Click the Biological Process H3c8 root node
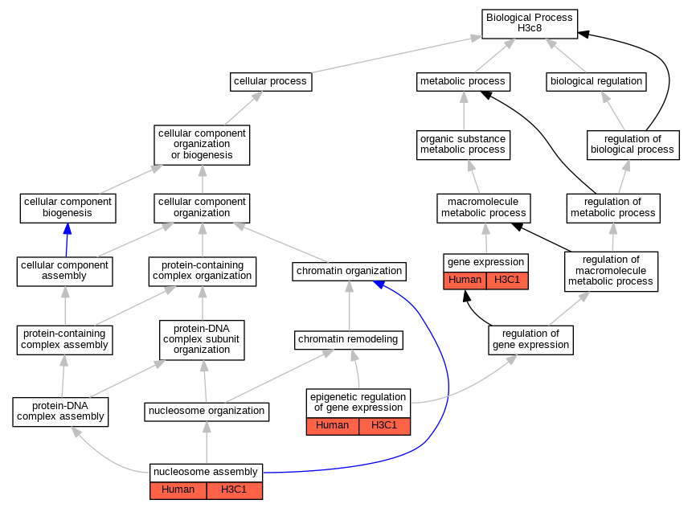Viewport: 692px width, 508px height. pyautogui.click(x=529, y=24)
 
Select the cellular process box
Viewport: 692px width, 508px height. pyautogui.click(x=271, y=82)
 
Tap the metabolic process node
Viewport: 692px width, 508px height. pyautogui.click(x=463, y=82)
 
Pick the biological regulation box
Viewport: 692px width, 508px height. pyautogui.click(x=596, y=82)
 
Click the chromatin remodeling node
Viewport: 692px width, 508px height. pyautogui.click(x=348, y=340)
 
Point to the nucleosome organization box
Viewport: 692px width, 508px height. pyautogui.click(x=207, y=412)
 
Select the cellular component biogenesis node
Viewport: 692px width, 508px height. pyautogui.click(x=68, y=208)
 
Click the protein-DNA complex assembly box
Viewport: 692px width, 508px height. pyautogui.click(x=60, y=412)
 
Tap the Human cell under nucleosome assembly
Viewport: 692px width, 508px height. pyautogui.click(x=178, y=490)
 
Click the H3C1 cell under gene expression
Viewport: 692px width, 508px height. pyautogui.click(x=507, y=281)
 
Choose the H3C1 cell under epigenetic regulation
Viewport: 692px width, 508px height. pyautogui.click(x=384, y=426)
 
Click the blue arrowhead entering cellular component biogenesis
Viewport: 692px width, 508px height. pyautogui.click(x=67, y=228)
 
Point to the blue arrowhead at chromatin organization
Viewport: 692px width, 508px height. pyautogui.click(x=379, y=285)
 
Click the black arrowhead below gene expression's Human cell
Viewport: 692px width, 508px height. pyautogui.click(x=466, y=296)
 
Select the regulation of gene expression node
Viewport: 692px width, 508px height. pyautogui.click(x=530, y=340)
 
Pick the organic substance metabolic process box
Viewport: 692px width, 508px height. pyautogui.click(x=463, y=145)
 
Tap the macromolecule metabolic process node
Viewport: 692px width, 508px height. pyautogui.click(x=483, y=208)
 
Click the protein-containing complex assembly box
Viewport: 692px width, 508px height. pyautogui.click(x=64, y=340)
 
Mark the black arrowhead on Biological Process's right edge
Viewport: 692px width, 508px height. pyautogui.click(x=583, y=34)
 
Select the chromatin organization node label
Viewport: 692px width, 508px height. pyautogui.click(x=349, y=271)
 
